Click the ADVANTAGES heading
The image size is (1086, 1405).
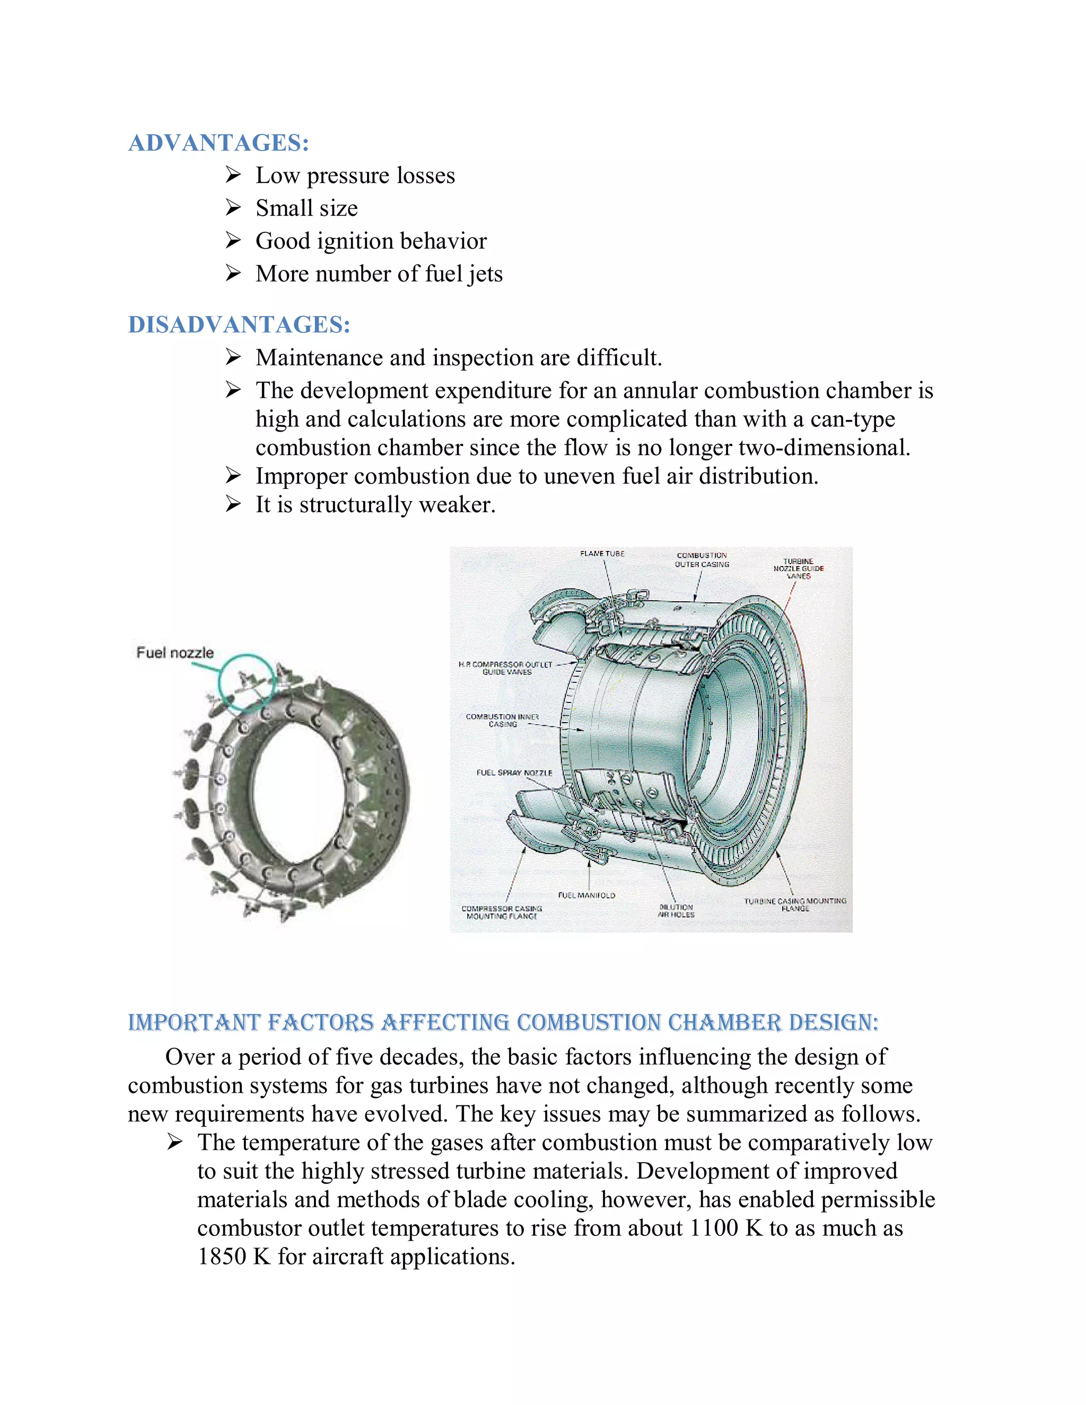[x=219, y=143]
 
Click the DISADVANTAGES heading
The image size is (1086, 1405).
[x=239, y=325]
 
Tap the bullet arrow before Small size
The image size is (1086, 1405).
[x=233, y=208]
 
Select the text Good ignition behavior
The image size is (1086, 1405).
[x=371, y=241]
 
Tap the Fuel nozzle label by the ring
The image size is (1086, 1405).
[x=174, y=652]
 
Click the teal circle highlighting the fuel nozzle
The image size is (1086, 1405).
[x=248, y=681]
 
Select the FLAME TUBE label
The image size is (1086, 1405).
[x=602, y=553]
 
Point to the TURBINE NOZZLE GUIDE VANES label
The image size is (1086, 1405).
[x=799, y=569]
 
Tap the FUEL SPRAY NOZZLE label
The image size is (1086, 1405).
[x=514, y=772]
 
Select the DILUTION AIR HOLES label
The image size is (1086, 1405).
[x=676, y=910]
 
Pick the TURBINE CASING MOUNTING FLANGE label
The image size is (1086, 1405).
[x=795, y=905]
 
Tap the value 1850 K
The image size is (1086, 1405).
[x=233, y=1257]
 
